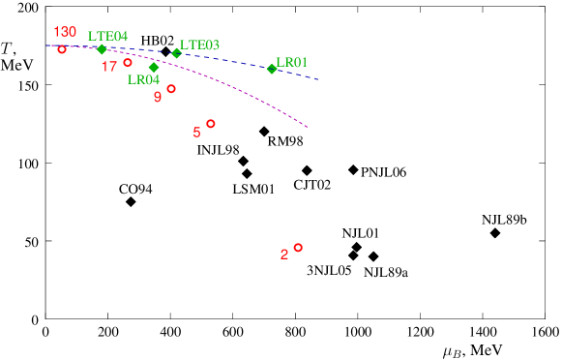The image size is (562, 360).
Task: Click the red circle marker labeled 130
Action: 62,49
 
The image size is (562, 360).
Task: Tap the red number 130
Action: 65,32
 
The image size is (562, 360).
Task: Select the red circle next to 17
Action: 128,63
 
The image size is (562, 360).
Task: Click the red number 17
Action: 109,67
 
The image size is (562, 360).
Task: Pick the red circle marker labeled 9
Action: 171,89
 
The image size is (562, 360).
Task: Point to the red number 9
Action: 158,98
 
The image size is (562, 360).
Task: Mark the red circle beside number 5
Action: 211,124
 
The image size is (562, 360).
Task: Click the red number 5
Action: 196,133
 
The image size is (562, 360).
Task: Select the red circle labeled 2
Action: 298,248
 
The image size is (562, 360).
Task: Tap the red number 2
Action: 284,255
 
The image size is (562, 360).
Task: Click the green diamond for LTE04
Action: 102,49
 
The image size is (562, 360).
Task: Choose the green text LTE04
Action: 107,37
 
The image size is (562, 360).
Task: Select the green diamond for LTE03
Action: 177,53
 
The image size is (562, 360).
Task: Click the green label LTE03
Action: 199,45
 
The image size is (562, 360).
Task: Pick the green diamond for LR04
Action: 154,68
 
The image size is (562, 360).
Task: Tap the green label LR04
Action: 143,80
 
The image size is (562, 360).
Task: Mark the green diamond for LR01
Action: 272,69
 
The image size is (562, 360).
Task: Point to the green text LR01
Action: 291,63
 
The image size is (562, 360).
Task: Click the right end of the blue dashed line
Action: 319,79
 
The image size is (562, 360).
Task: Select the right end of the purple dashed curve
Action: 308,127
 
